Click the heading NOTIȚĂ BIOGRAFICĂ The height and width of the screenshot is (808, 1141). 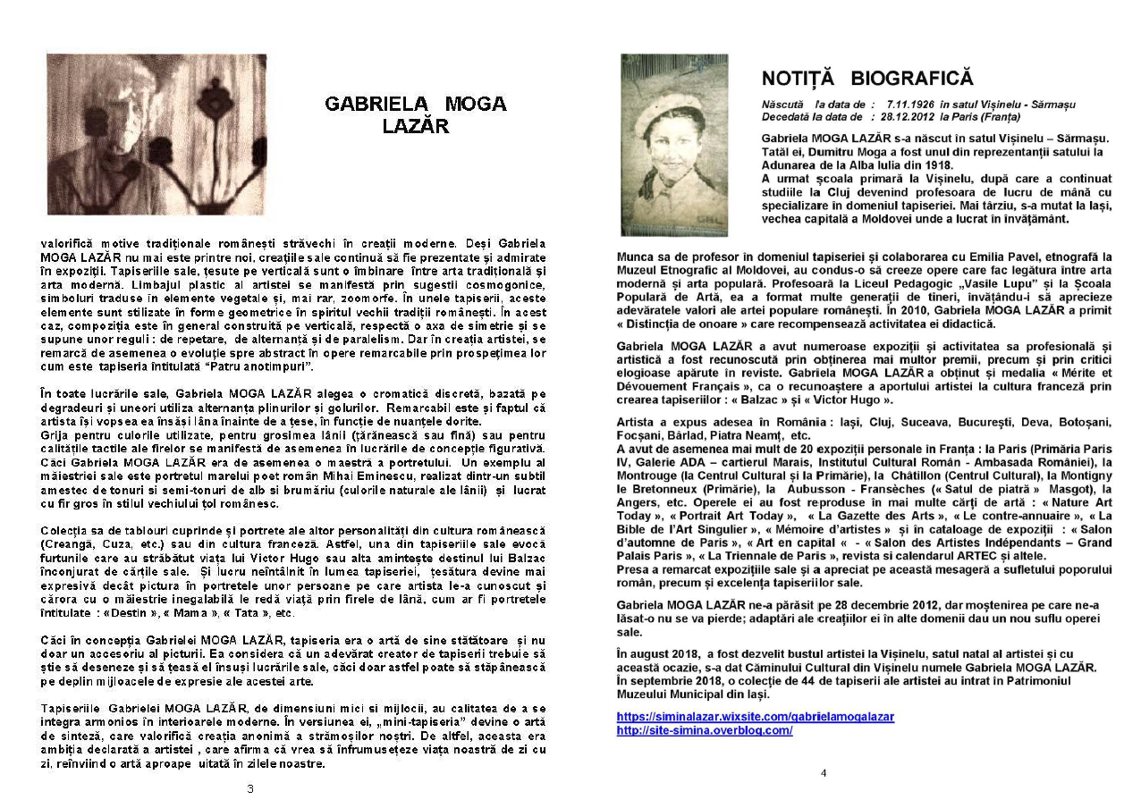pos(866,79)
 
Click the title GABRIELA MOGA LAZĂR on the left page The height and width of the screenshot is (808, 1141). pos(415,114)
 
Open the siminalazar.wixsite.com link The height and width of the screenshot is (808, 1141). pos(755,717)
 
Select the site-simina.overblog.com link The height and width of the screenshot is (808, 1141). pos(705,730)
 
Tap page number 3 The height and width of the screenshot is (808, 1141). pos(250,788)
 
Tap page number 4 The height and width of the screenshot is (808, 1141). pos(824,773)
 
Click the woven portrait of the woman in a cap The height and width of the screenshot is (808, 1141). pos(674,145)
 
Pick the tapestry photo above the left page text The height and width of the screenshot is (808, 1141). pos(156,134)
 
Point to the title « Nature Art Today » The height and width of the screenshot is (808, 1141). pos(1095,502)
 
